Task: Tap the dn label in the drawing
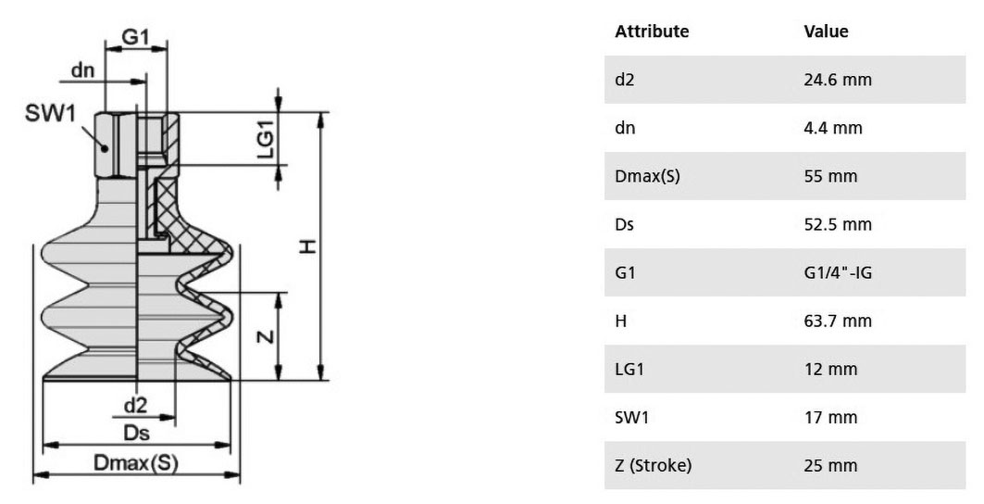[x=82, y=69]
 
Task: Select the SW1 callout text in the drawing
[x=50, y=114]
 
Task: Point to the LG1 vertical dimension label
[x=267, y=139]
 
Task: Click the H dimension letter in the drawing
[x=307, y=246]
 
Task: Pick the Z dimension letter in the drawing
[x=267, y=337]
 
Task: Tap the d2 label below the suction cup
[x=135, y=406]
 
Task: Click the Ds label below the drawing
[x=136, y=433]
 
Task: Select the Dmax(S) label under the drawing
[x=136, y=463]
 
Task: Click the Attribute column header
[x=652, y=31]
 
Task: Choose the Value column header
[x=826, y=31]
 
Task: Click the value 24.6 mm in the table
[x=838, y=80]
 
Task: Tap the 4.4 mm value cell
[x=833, y=128]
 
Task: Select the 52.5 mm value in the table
[x=838, y=224]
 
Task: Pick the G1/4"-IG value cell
[x=838, y=272]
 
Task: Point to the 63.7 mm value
[x=838, y=321]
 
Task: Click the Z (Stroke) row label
[x=654, y=466]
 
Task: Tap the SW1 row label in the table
[x=631, y=417]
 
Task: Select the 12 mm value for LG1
[x=830, y=369]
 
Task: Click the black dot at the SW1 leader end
[x=106, y=148]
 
